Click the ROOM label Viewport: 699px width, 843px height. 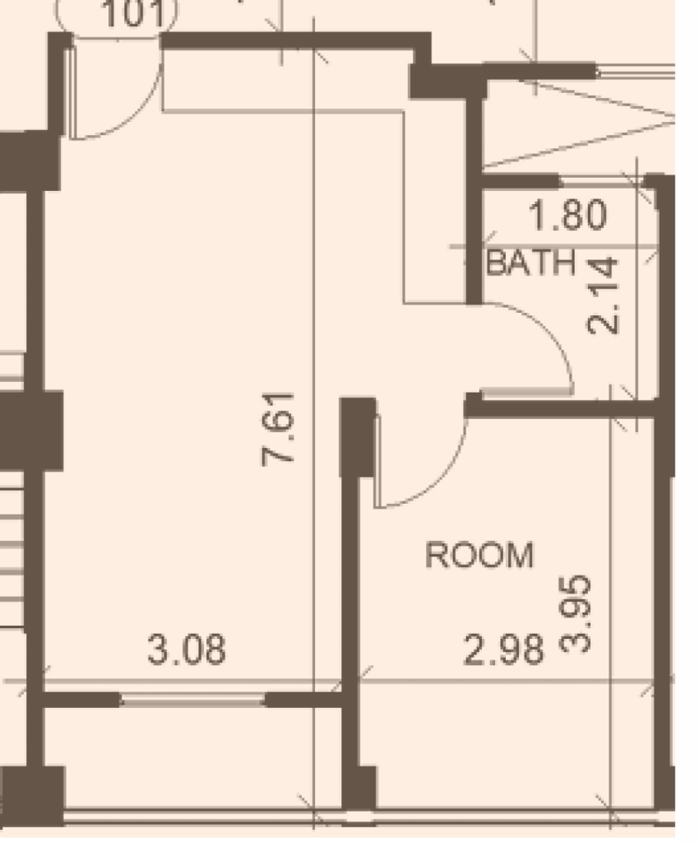pos(479,556)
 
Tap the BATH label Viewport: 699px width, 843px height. pos(530,263)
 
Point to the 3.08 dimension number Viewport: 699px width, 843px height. pos(186,650)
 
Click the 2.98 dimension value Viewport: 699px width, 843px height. pos(503,651)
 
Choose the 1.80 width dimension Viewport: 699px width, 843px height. pos(567,217)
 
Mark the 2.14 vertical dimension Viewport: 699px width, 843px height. pos(604,295)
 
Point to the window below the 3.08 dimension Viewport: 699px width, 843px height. pos(193,701)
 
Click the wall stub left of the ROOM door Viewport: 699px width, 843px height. pos(358,436)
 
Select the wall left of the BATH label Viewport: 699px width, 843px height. pos(474,239)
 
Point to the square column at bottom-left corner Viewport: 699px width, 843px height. pos(37,794)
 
